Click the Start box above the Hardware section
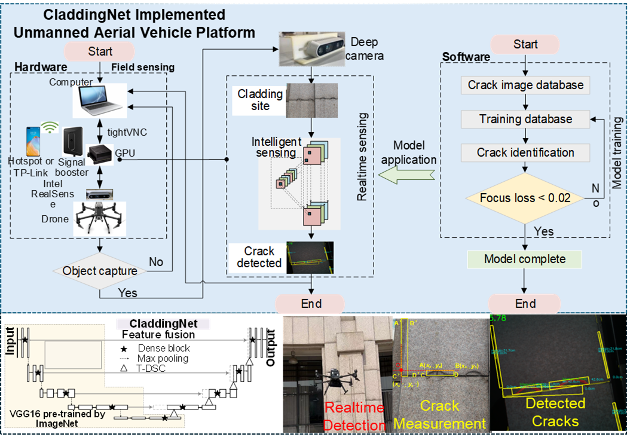pyautogui.click(x=100, y=51)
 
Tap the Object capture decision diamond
pyautogui.click(x=100, y=271)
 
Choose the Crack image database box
pyautogui.click(x=525, y=85)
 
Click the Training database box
pyautogui.click(x=525, y=119)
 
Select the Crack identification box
pyautogui.click(x=525, y=152)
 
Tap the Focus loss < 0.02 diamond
pyautogui.click(x=525, y=198)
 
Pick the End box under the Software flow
pyautogui.click(x=525, y=303)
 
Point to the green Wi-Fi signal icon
pyautogui.click(x=49, y=127)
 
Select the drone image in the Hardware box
pyautogui.click(x=100, y=219)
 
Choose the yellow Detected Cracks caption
pyautogui.click(x=555, y=413)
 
